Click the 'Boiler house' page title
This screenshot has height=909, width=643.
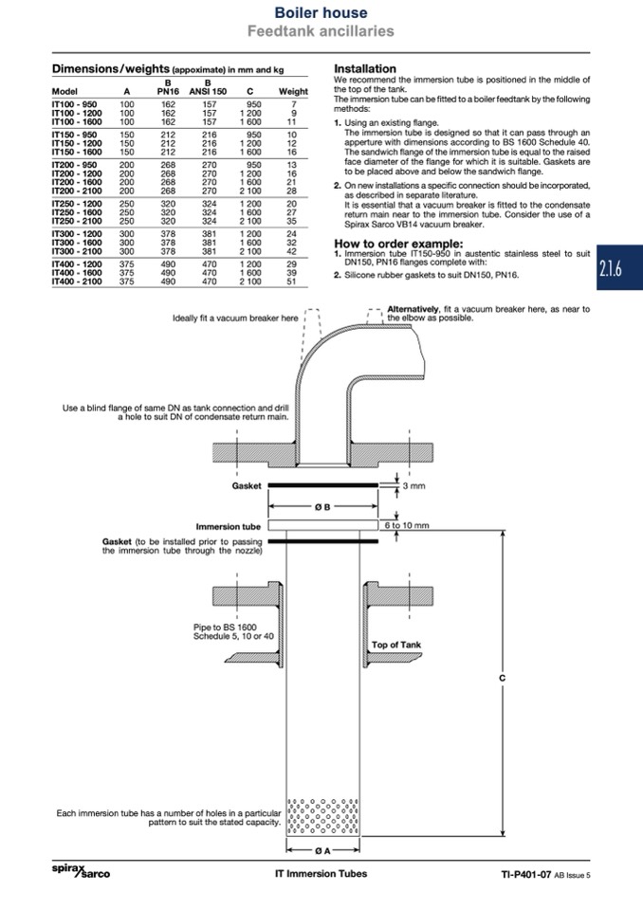click(320, 12)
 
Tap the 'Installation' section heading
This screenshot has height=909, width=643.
click(365, 68)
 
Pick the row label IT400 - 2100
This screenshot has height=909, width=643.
click(76, 282)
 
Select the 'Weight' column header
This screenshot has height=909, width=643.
click(292, 92)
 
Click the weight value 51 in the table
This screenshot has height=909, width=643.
click(292, 282)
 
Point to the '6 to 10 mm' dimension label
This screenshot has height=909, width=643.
click(407, 525)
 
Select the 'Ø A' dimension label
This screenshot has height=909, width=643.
click(322, 850)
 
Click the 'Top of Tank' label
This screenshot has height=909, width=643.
click(396, 645)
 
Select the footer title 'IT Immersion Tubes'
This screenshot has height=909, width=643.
click(320, 874)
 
